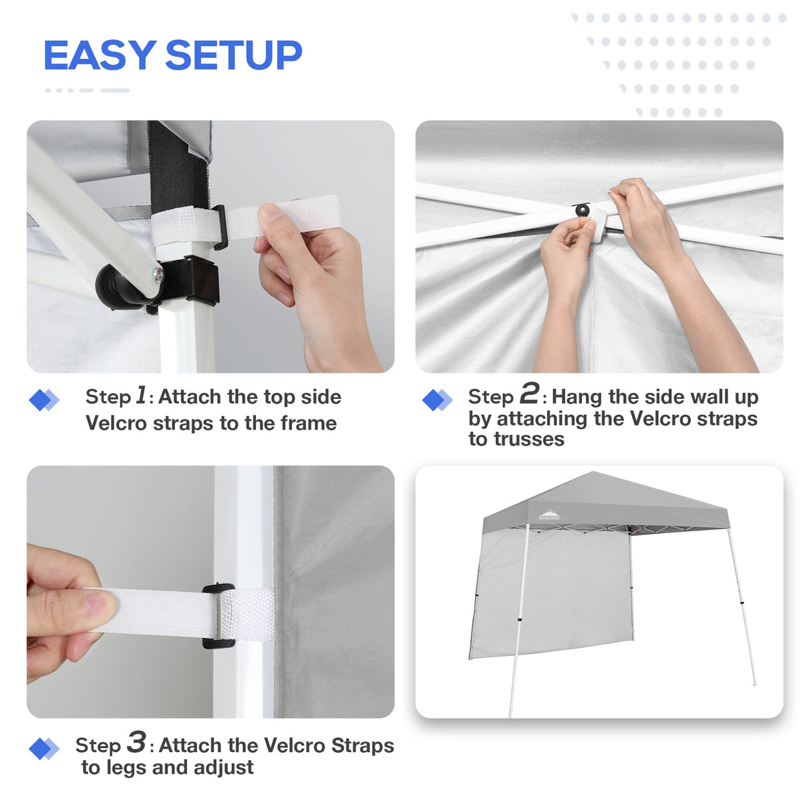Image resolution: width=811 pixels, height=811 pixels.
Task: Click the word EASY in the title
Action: pyautogui.click(x=99, y=55)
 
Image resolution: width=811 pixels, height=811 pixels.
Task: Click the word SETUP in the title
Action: pyautogui.click(x=234, y=55)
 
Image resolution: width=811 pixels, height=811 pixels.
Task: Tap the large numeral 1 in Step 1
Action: pyautogui.click(x=141, y=395)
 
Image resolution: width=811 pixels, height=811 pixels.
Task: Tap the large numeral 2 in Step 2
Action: pyautogui.click(x=529, y=393)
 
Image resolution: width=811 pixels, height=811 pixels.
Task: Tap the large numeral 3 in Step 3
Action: pyautogui.click(x=136, y=742)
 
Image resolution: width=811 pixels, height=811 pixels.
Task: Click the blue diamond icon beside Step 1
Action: pyautogui.click(x=43, y=400)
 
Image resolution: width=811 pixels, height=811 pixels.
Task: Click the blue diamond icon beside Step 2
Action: pyautogui.click(x=437, y=400)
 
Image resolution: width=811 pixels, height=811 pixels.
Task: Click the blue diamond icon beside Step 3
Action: pyautogui.click(x=43, y=749)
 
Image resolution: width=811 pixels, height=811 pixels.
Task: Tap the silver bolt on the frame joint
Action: pyautogui.click(x=157, y=273)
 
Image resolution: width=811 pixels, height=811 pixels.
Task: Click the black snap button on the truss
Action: pyautogui.click(x=583, y=210)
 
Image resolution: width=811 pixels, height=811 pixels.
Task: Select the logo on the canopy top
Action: pyautogui.click(x=549, y=515)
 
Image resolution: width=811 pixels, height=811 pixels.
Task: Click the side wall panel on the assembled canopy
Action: pyautogui.click(x=551, y=595)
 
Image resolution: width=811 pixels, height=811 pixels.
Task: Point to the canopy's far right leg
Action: pyautogui.click(x=742, y=608)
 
